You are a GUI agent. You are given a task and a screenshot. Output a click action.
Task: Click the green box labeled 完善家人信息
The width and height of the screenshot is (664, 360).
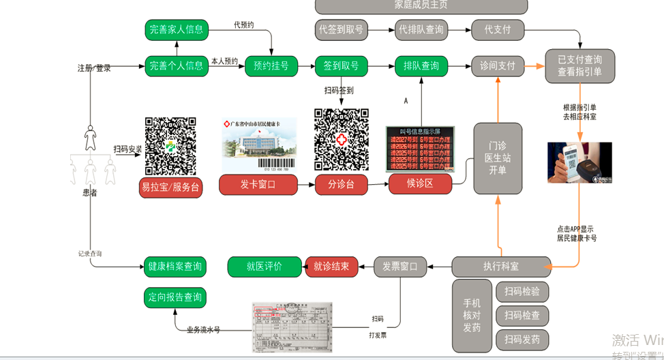(176, 29)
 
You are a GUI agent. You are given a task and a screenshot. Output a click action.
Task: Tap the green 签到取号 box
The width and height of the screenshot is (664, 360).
(341, 66)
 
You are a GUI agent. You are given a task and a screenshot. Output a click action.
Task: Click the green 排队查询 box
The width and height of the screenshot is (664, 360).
(421, 66)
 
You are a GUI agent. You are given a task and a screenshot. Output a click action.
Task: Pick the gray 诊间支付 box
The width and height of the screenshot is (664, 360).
(498, 66)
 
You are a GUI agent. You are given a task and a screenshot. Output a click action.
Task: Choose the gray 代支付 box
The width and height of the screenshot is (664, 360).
(498, 29)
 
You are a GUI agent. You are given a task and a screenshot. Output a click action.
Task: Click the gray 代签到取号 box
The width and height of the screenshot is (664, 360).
(341, 29)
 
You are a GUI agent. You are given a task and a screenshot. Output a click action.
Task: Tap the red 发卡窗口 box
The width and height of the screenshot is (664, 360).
(258, 185)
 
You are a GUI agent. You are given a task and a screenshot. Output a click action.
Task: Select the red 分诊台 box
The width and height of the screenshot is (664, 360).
(341, 185)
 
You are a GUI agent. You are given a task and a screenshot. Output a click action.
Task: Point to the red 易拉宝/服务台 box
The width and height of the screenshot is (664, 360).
(170, 187)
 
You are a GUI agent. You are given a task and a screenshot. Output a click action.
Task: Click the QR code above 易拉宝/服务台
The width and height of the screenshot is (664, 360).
(170, 145)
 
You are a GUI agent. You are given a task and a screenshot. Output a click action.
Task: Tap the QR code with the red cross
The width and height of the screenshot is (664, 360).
(341, 140)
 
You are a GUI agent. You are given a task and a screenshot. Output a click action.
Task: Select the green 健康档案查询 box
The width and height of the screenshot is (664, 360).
(175, 267)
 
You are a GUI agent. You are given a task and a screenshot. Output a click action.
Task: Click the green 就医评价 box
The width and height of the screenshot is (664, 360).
(264, 267)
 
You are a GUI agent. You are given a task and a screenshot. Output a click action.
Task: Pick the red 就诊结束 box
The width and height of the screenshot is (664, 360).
(331, 267)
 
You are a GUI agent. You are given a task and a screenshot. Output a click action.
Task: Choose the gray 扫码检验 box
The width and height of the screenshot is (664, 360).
(522, 292)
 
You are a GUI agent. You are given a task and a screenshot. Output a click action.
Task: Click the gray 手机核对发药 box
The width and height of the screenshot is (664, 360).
(472, 316)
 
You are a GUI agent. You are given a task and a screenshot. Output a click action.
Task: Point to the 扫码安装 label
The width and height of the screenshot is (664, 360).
(127, 149)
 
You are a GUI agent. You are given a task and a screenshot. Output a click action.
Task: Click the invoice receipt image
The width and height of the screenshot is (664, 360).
(292, 326)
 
